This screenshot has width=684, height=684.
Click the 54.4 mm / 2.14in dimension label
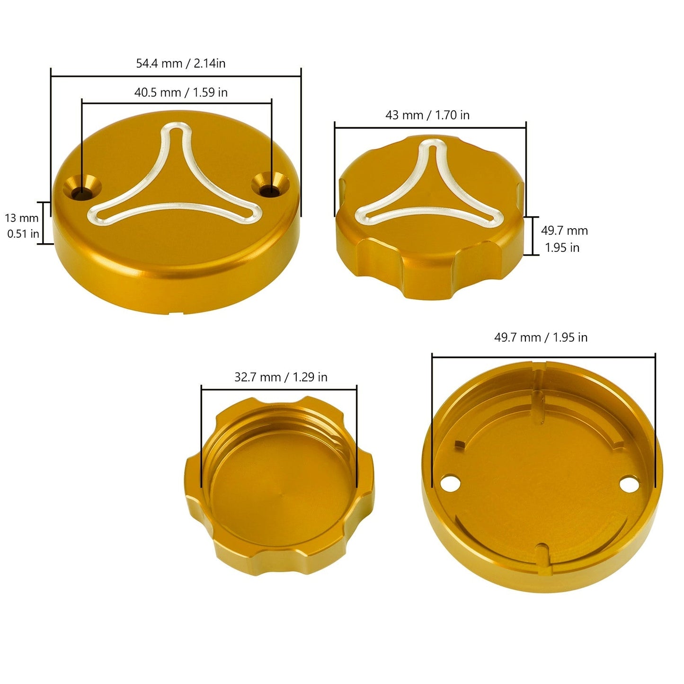tap(180, 63)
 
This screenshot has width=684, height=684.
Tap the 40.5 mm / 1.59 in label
tap(181, 92)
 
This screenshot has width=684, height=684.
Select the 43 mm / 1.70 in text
tap(427, 115)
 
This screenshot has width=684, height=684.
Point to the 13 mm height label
tap(22, 218)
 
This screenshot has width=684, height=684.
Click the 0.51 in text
tap(23, 234)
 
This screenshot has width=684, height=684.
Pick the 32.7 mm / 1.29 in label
tap(281, 377)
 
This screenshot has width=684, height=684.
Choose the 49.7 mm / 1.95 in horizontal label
tap(541, 338)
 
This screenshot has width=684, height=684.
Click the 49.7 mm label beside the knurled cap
tap(564, 231)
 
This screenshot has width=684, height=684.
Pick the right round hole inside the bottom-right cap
tap(628, 484)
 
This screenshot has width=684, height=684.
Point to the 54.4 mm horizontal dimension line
tap(176, 76)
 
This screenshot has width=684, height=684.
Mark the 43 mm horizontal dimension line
tap(430, 127)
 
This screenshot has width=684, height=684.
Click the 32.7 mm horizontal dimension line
tap(279, 390)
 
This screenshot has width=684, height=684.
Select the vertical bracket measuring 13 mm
tap(45, 223)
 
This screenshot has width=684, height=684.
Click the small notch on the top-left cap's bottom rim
tap(177, 312)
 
